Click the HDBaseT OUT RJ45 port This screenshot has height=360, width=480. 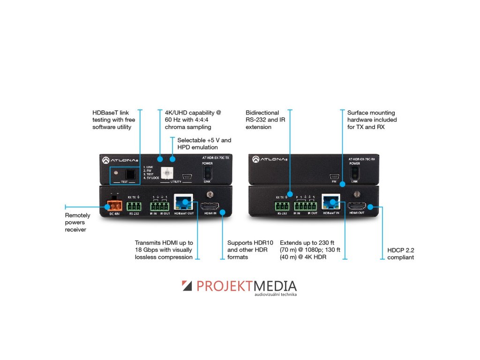(x=183, y=203)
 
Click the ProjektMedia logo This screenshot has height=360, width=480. (x=239, y=287)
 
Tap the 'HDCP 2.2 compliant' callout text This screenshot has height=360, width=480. (x=400, y=254)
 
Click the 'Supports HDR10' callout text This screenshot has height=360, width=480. (x=247, y=250)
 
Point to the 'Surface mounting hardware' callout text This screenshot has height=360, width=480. (x=372, y=120)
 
